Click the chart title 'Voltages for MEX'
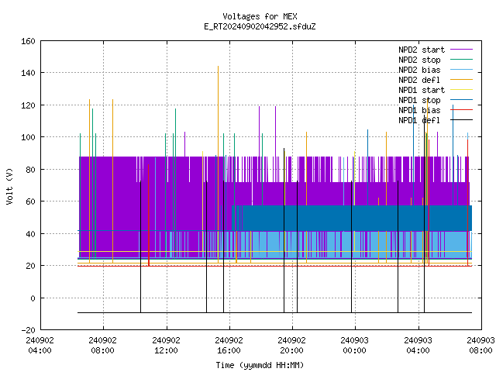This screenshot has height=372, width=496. click(x=260, y=16)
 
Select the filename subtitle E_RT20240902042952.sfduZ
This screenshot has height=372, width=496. click(x=260, y=26)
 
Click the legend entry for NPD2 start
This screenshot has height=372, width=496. click(x=422, y=50)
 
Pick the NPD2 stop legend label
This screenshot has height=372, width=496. click(x=419, y=60)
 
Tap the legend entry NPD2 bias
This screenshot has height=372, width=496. click(x=419, y=70)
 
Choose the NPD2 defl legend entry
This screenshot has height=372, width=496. click(x=419, y=80)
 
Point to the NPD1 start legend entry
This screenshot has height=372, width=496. click(x=422, y=90)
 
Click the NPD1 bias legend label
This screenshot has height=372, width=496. click(x=419, y=110)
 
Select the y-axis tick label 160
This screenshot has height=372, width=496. click(x=28, y=41)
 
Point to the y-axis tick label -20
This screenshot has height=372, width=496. click(x=28, y=330)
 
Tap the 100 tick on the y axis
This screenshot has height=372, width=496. click(x=28, y=137)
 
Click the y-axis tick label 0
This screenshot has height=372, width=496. click(x=33, y=298)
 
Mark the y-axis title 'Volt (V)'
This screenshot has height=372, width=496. click(x=9, y=186)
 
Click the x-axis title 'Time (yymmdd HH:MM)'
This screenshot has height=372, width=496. click(x=260, y=365)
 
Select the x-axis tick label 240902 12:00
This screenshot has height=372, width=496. click(x=166, y=346)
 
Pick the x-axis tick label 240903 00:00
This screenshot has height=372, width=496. click(x=355, y=346)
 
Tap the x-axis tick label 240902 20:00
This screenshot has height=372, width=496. click(x=291, y=346)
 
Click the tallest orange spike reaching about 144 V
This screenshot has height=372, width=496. click(x=218, y=164)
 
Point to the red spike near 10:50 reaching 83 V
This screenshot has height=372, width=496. click(x=149, y=215)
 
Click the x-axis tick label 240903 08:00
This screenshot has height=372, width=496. click(x=480, y=346)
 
